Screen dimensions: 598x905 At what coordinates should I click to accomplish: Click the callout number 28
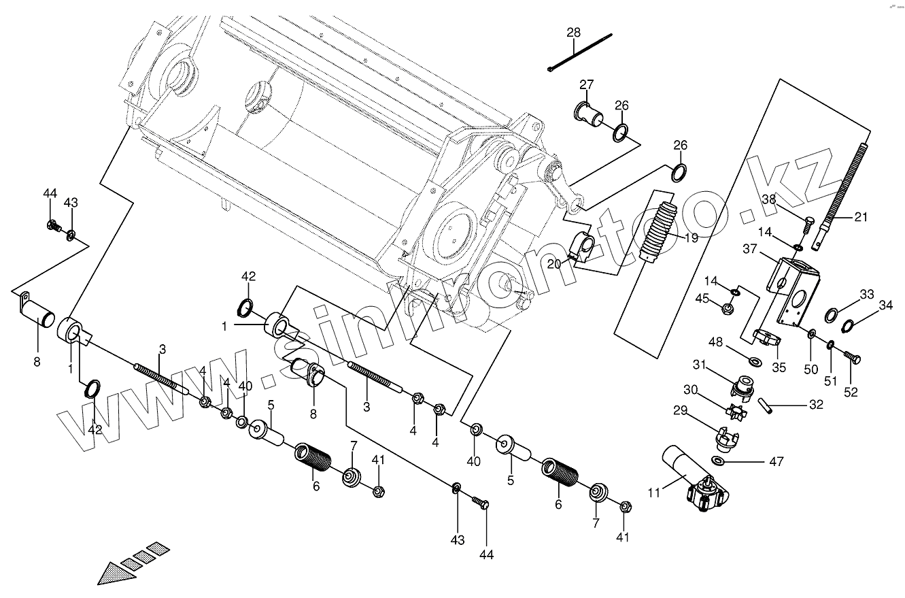573,33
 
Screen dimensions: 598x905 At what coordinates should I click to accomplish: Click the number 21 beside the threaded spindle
860,217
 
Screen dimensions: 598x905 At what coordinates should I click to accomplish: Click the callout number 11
653,493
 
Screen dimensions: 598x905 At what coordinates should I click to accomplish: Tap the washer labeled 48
754,358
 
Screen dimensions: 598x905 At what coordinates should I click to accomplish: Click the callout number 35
779,367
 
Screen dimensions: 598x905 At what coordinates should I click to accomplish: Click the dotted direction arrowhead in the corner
113,574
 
